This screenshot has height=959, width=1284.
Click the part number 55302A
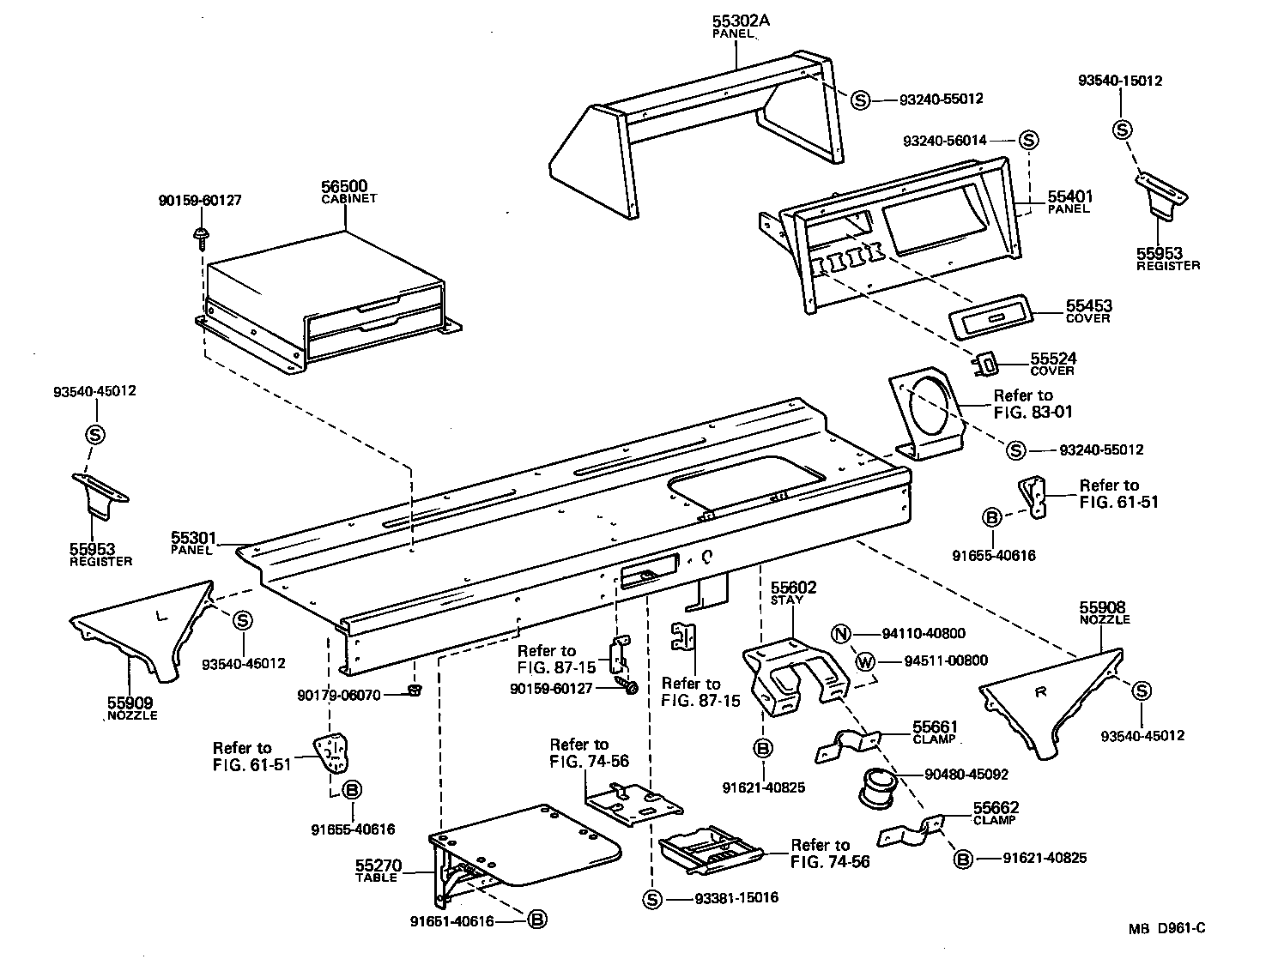[x=741, y=21]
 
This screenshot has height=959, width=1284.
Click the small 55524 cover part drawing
[x=988, y=365]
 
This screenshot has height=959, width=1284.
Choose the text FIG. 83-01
[x=1033, y=412]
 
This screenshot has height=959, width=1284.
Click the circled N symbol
[x=842, y=634]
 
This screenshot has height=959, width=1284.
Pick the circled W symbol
[x=864, y=660]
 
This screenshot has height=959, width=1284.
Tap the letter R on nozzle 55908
[x=1040, y=693]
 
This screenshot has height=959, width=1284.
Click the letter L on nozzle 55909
[x=160, y=615]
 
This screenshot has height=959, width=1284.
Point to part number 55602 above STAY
[x=793, y=588]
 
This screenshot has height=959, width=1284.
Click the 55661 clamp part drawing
[x=846, y=743]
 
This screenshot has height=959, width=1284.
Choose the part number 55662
[x=996, y=808]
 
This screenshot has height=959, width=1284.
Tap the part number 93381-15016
[x=736, y=898]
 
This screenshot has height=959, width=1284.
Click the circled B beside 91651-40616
[x=536, y=920]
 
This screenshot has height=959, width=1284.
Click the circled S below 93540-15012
[x=1122, y=130]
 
